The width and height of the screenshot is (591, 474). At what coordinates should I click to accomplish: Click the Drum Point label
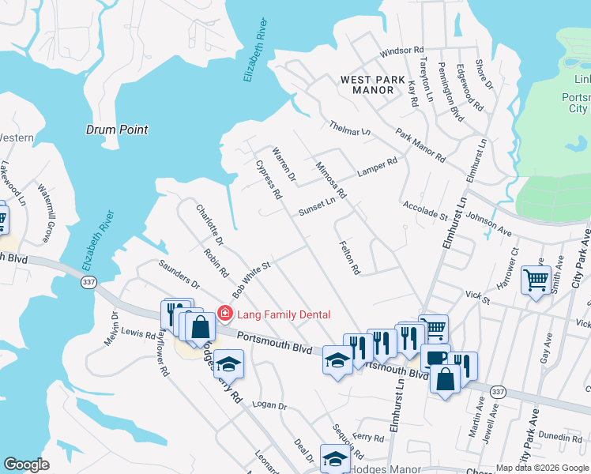pos(116,129)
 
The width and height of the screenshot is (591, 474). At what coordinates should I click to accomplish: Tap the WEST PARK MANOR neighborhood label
pos(367,85)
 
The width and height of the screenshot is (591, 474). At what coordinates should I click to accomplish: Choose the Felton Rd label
pos(349,258)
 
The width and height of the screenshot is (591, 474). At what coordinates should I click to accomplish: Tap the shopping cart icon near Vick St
pos(536,280)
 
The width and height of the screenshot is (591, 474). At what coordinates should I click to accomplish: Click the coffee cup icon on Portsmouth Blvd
pos(434,356)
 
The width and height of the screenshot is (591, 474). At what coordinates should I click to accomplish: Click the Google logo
pos(27,465)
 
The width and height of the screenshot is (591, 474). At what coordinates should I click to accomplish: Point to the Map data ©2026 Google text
pos(541,468)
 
